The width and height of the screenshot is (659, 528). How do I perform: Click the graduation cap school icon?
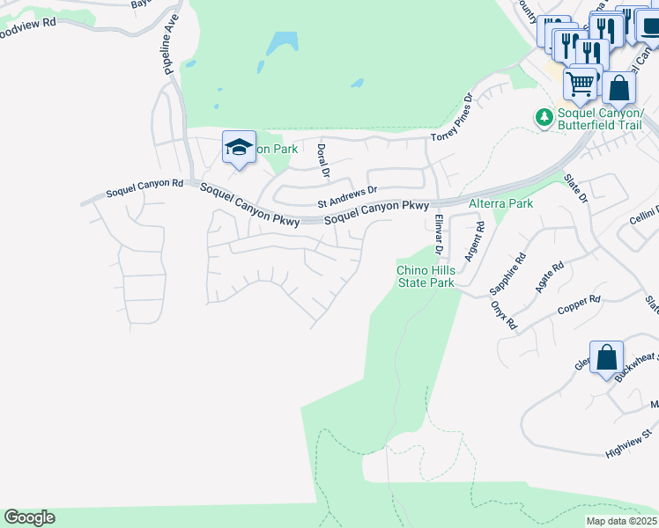tap(239, 148)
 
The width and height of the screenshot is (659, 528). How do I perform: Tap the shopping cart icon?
tap(581, 84)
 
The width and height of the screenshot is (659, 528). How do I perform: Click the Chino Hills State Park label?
tap(425, 276)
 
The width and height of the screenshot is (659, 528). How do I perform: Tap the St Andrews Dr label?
tap(347, 195)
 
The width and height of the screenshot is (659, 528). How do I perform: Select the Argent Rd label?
tap(475, 239)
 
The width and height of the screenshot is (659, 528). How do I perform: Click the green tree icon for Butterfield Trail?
tap(544, 115)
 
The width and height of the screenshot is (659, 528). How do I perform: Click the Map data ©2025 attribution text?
tap(622, 521)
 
